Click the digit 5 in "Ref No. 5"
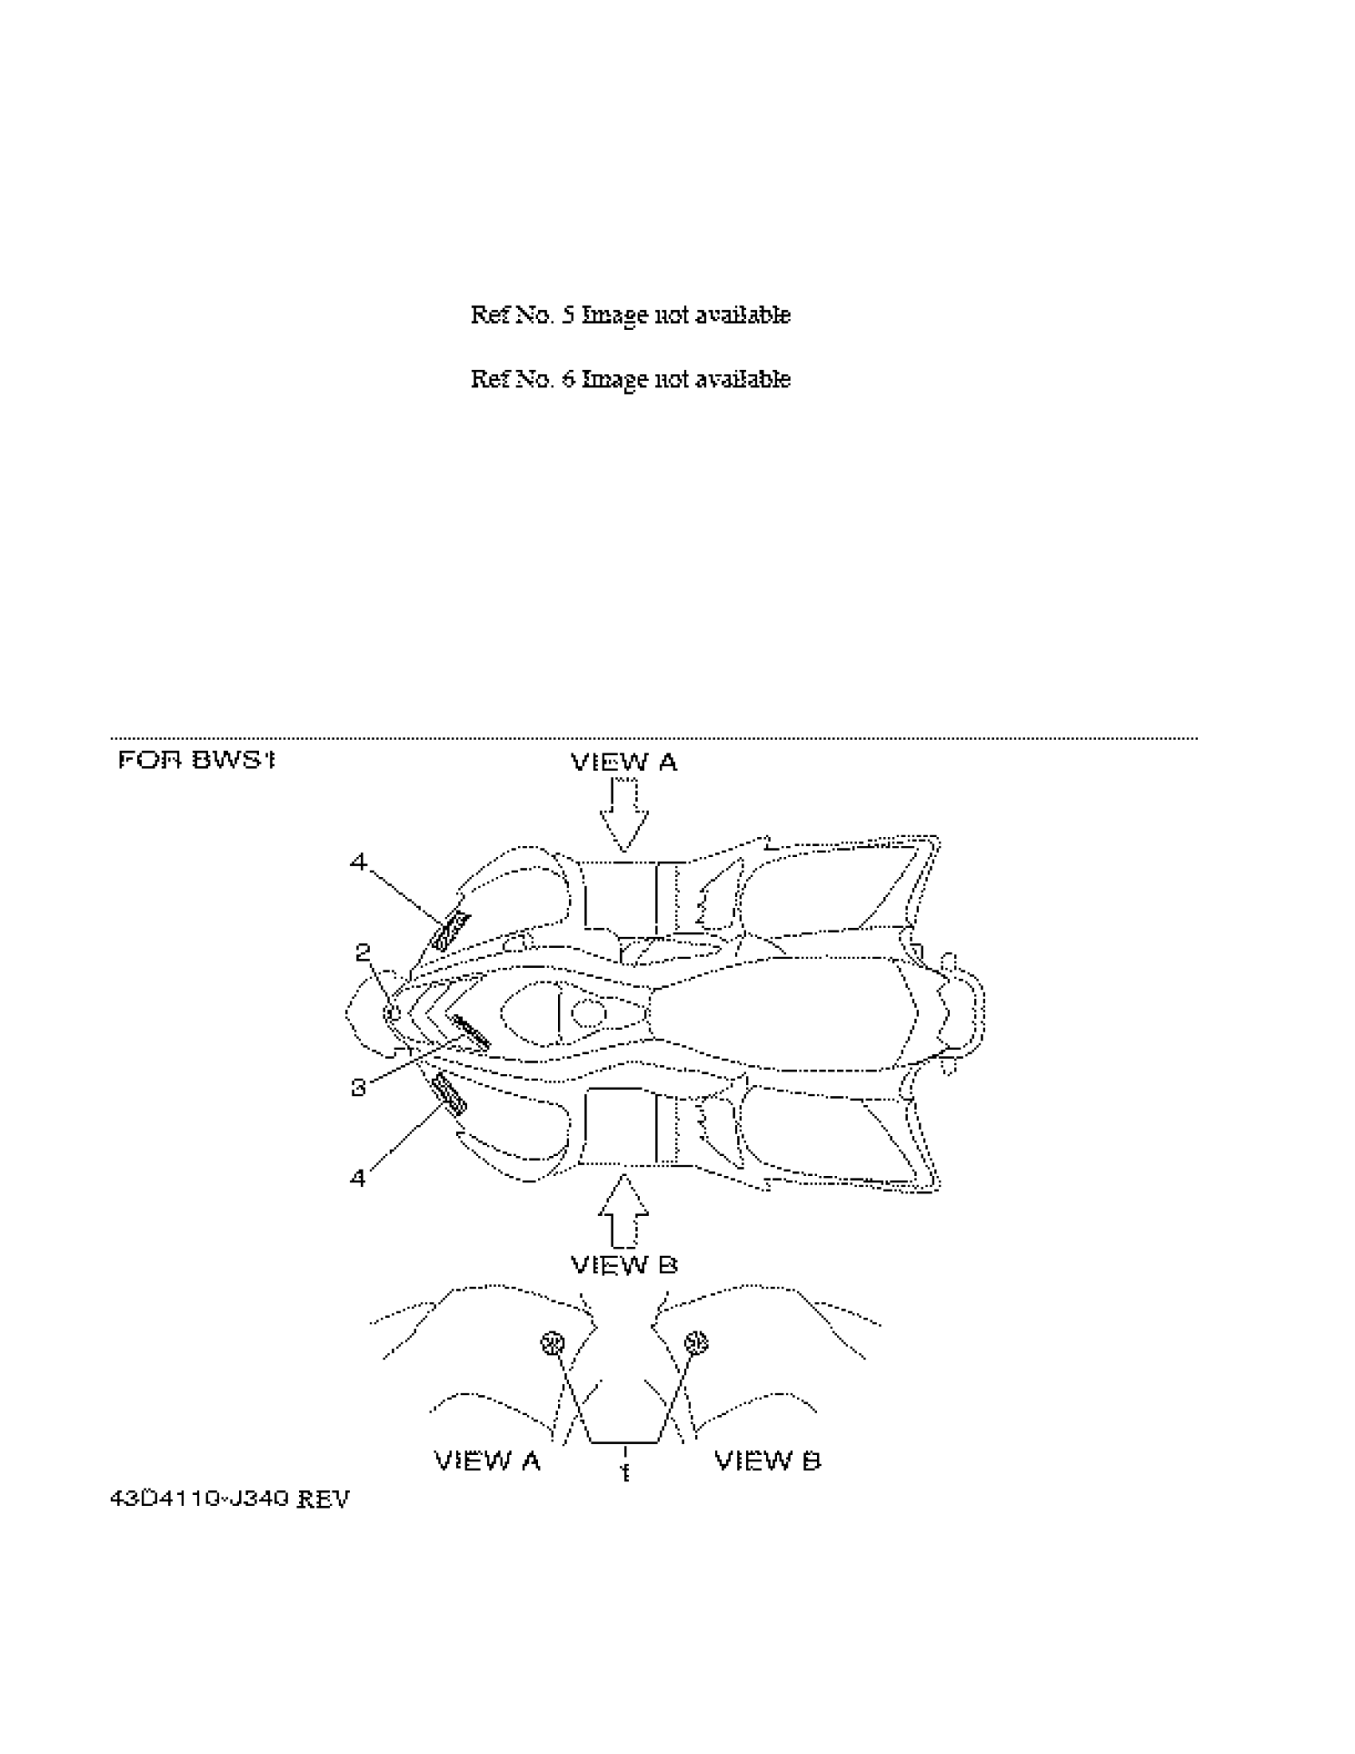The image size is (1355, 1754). (568, 314)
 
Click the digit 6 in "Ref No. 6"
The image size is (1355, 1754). (568, 378)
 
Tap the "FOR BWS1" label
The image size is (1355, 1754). (197, 760)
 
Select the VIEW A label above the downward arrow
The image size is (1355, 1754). (624, 762)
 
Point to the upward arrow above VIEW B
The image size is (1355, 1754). (624, 1213)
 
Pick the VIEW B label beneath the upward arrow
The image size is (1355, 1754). (624, 1266)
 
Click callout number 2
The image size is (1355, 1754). (363, 953)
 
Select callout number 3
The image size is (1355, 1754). (358, 1087)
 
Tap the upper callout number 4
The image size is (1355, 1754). (358, 863)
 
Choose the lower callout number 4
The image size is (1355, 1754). (358, 1178)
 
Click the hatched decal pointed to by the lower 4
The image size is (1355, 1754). (449, 1095)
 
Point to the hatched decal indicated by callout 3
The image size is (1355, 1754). (471, 1032)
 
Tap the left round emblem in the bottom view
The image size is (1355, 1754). (553, 1343)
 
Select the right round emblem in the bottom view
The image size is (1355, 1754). (696, 1342)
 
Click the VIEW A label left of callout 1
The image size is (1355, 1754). (487, 1460)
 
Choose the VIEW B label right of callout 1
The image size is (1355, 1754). (768, 1460)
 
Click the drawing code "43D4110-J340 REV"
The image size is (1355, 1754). (230, 1499)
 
